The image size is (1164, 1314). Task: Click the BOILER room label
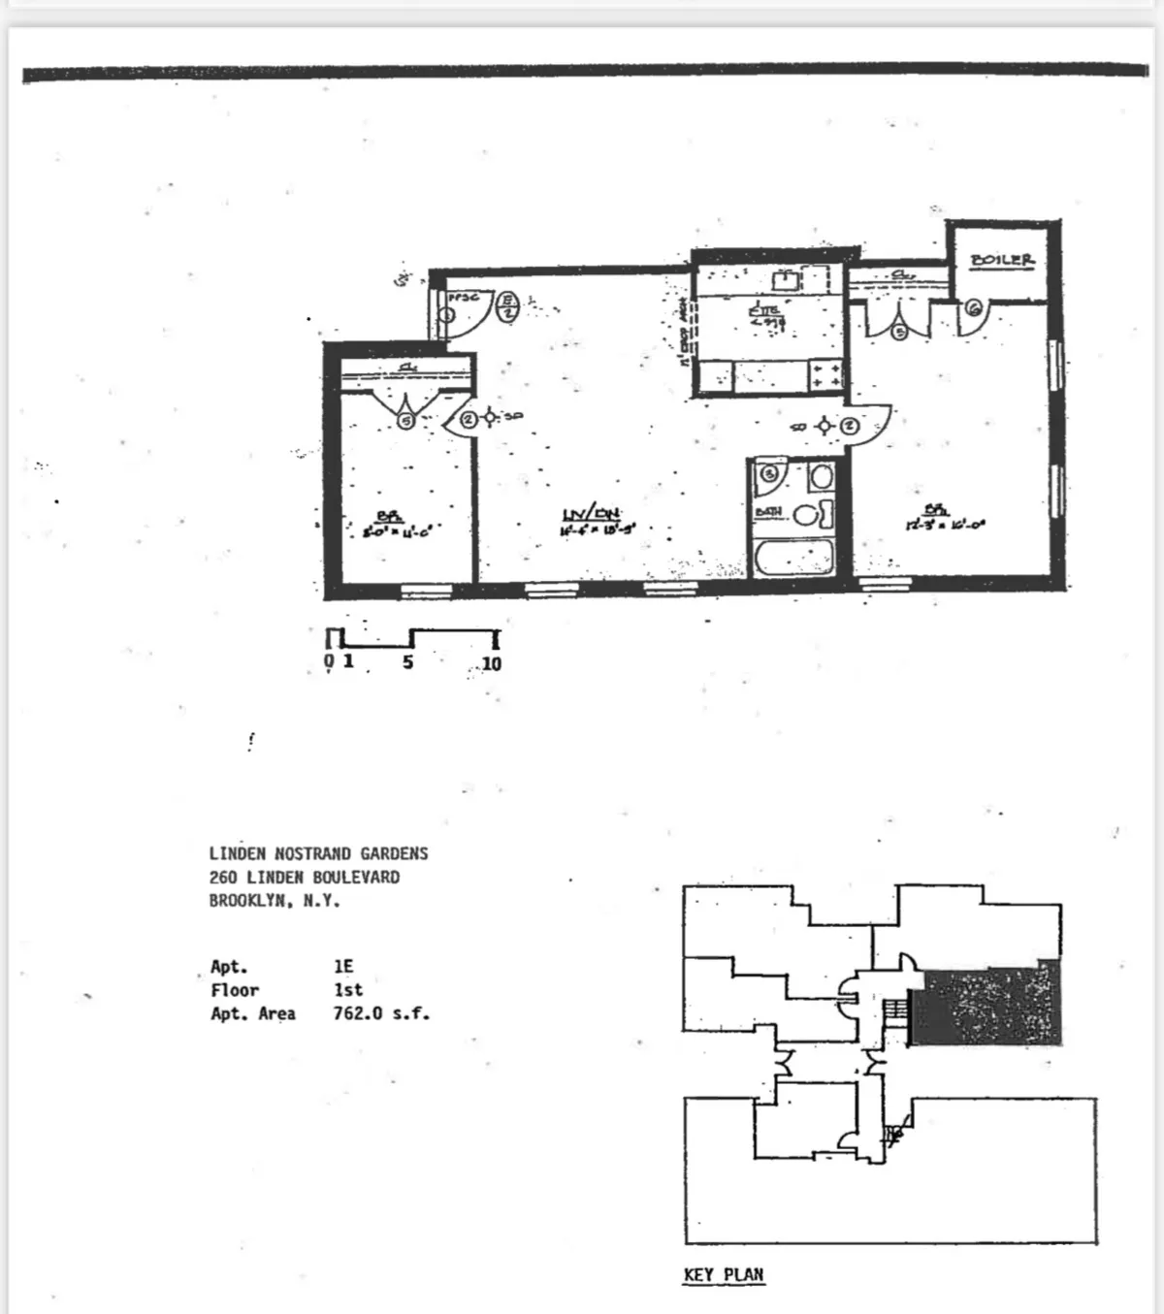1002,260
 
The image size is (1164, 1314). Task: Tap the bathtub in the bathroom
793,560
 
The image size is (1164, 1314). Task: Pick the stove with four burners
824,375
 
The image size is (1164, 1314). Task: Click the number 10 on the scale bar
492,663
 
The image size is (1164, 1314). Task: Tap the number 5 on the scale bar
408,662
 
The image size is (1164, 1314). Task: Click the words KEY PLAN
724,1274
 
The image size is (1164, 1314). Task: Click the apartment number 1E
343,966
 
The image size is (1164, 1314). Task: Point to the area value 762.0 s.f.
381,1013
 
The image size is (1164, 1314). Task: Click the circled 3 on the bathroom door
769,473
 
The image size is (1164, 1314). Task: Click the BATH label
766,510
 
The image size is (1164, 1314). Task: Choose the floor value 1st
347,990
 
